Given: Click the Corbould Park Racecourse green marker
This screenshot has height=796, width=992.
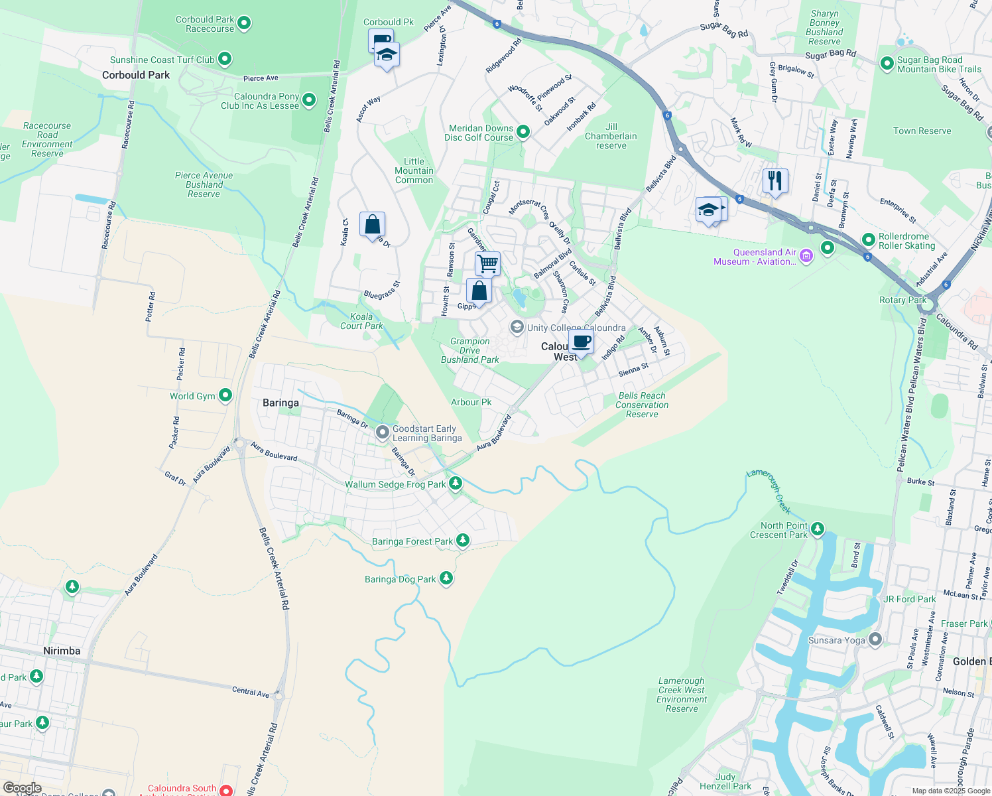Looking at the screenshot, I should pyautogui.click(x=244, y=24).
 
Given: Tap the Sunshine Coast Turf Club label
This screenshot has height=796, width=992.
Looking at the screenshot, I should pyautogui.click(x=162, y=60).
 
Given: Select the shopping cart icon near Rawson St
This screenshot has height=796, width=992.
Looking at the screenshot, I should pyautogui.click(x=487, y=263).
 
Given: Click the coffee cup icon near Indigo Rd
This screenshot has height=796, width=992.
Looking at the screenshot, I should pyautogui.click(x=581, y=342).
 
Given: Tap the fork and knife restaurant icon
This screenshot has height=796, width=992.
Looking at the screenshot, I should pyautogui.click(x=775, y=180).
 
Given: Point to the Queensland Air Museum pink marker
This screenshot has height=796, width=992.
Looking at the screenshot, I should pyautogui.click(x=806, y=255).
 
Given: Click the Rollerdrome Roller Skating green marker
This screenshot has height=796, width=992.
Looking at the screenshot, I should pyautogui.click(x=868, y=239).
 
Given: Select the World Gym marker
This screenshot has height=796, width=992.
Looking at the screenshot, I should pyautogui.click(x=225, y=396).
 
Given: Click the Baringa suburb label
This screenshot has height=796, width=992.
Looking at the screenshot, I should pyautogui.click(x=280, y=403).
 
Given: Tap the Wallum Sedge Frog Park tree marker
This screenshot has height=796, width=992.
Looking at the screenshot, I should pyautogui.click(x=455, y=484).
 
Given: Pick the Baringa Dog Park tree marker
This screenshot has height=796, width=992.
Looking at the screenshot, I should pyautogui.click(x=446, y=578).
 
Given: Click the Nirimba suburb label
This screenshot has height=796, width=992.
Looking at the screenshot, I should pyautogui.click(x=62, y=651).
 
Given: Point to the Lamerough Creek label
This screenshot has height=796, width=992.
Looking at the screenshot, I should pyautogui.click(x=769, y=491).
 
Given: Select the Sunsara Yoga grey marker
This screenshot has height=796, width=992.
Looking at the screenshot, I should pyautogui.click(x=875, y=639).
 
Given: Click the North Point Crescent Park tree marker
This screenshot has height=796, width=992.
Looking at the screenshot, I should pyautogui.click(x=818, y=529).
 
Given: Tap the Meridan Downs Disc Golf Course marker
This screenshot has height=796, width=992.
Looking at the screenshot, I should pyautogui.click(x=523, y=132).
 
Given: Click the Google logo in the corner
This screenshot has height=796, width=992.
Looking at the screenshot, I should pyautogui.click(x=22, y=788).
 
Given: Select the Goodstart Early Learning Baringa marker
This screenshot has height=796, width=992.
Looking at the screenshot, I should pyautogui.click(x=382, y=432).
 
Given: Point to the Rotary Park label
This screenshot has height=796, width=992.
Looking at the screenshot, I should pyautogui.click(x=902, y=300).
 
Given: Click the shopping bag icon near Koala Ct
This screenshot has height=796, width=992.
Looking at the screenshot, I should pyautogui.click(x=372, y=224).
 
